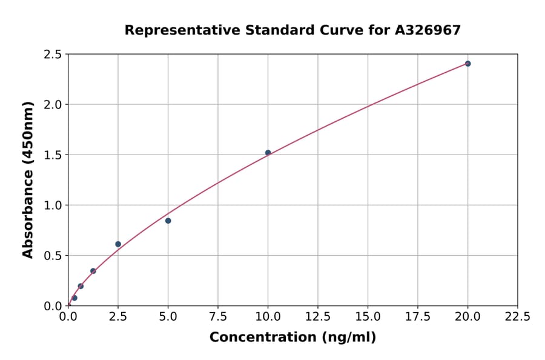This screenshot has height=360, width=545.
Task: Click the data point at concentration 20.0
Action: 467,64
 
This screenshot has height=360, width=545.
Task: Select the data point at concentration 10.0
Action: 268,153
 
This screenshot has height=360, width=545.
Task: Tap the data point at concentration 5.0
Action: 168,221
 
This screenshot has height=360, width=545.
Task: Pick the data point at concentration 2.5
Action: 118,244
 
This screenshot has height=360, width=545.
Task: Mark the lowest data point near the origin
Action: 74,298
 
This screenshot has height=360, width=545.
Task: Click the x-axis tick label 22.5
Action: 517,316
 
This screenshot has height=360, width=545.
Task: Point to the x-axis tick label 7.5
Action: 218,316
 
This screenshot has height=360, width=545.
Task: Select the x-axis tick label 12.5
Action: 318,316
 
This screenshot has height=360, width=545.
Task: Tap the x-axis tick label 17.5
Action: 418,316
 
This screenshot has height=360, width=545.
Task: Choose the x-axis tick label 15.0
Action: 368,316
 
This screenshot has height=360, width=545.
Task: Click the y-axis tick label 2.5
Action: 53,55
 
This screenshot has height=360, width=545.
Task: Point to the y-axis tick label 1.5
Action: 53,155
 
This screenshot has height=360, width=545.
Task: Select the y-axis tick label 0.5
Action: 53,256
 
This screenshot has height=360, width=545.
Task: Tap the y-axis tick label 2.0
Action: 53,105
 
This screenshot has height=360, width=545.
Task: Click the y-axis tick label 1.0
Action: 53,205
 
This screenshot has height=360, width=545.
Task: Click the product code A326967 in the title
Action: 428,30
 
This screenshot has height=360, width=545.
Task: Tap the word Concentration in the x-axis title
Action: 262,337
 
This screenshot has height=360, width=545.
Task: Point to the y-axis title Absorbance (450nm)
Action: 28,179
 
